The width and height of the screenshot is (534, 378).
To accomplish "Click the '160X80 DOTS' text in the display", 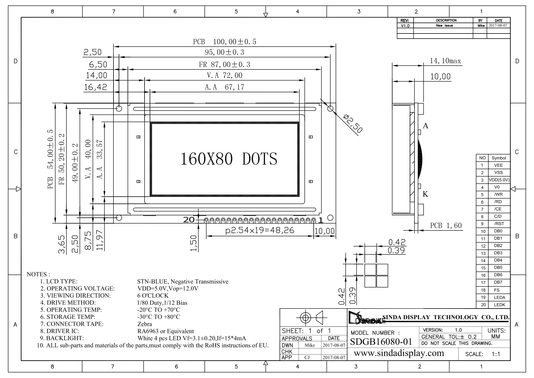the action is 229,159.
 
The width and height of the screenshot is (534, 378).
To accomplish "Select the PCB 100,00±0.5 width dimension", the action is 225,42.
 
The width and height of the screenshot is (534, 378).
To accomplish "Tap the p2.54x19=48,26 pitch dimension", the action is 260,230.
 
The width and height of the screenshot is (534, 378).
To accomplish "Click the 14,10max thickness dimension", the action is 445,61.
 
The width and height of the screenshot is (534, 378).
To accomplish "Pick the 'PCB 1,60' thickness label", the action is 446,226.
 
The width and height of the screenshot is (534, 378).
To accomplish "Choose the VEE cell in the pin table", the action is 498,165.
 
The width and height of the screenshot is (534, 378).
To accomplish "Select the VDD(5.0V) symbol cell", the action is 499,180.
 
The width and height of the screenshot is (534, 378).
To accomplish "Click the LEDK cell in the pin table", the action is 499,305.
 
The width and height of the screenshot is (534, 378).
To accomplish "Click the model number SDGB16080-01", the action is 381,342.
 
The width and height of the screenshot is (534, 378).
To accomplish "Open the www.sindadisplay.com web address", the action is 399,353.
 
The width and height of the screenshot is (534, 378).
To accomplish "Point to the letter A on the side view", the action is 426,126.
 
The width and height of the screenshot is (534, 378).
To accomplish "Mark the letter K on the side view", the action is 426,194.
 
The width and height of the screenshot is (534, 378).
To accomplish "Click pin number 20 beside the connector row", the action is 189,219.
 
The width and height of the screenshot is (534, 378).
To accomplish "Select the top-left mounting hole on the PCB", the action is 119,108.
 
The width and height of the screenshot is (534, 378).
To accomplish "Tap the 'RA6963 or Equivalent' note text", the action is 166,331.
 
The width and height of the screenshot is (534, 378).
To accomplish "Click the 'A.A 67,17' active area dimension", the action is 225,87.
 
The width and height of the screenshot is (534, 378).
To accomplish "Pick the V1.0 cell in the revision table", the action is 405,26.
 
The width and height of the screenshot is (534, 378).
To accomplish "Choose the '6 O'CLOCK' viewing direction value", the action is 153,296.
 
